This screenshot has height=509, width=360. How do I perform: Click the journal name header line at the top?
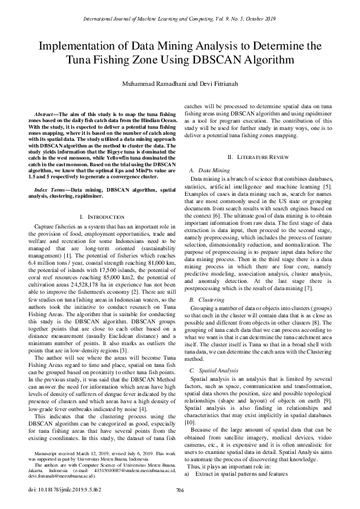(x=180, y=19)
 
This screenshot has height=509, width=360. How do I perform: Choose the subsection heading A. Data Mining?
(x=209, y=171)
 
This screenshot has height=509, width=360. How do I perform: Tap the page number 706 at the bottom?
(x=179, y=489)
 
